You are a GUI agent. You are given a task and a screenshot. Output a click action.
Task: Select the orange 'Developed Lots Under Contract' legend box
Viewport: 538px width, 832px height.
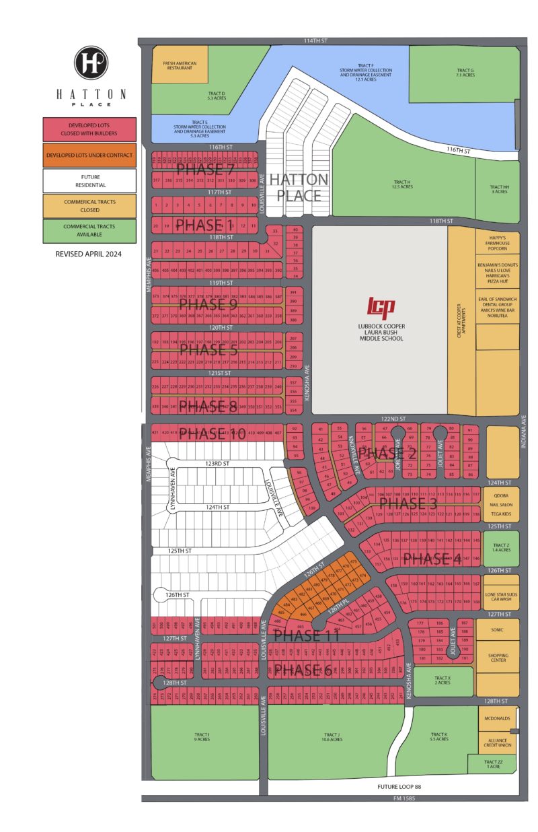pyautogui.click(x=90, y=155)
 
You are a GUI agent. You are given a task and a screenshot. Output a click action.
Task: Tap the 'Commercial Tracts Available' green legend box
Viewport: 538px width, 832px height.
pyautogui.click(x=90, y=231)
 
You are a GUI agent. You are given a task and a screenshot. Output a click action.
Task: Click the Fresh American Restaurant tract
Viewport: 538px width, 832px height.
pyautogui.click(x=180, y=65)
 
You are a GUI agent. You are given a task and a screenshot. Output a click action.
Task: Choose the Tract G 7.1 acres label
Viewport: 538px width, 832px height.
pyautogui.click(x=465, y=72)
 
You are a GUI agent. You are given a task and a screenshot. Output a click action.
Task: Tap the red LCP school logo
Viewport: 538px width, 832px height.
pyautogui.click(x=380, y=306)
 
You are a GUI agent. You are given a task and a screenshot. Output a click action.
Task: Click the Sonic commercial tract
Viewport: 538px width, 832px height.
pyautogui.click(x=498, y=630)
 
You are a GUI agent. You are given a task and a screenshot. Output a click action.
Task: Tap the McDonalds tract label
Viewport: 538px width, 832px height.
pyautogui.click(x=498, y=718)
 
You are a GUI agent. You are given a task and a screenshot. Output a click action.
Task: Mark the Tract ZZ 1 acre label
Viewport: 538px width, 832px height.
pyautogui.click(x=492, y=764)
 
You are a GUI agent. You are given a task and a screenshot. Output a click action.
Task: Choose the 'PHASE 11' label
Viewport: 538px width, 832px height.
pyautogui.click(x=306, y=635)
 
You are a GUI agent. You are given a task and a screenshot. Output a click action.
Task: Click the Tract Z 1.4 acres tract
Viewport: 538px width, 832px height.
pyautogui.click(x=502, y=547)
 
